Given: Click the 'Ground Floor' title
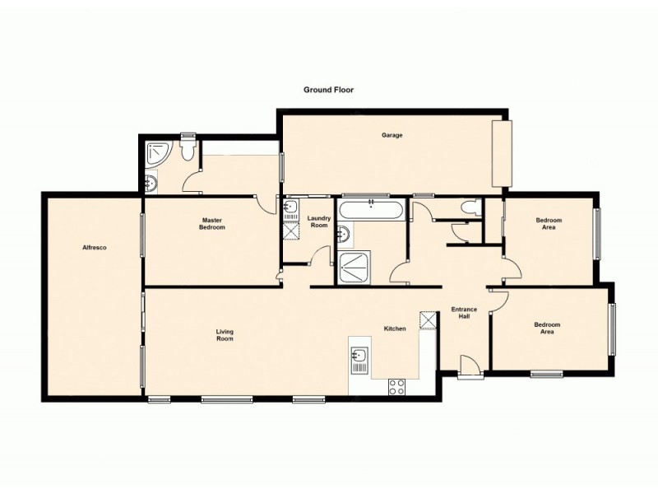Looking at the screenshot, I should point(328,90).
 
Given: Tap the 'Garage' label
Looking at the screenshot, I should point(392,135).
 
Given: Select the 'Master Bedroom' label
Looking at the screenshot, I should point(213,223).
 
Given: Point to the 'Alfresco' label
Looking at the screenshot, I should point(95,247).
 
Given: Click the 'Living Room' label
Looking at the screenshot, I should point(225,335).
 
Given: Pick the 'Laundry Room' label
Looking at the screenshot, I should point(318,221).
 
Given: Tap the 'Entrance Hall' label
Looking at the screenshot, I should point(464,314).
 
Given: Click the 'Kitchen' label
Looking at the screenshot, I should point(395,329).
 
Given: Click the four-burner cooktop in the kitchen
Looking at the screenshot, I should point(396,385).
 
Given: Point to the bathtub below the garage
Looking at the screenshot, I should point(372,210).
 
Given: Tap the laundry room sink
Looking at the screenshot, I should point(290,208).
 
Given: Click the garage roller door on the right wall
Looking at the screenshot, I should point(502,154).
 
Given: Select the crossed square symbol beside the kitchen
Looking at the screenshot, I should point(428,320).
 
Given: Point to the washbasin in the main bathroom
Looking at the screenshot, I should point(345,235).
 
